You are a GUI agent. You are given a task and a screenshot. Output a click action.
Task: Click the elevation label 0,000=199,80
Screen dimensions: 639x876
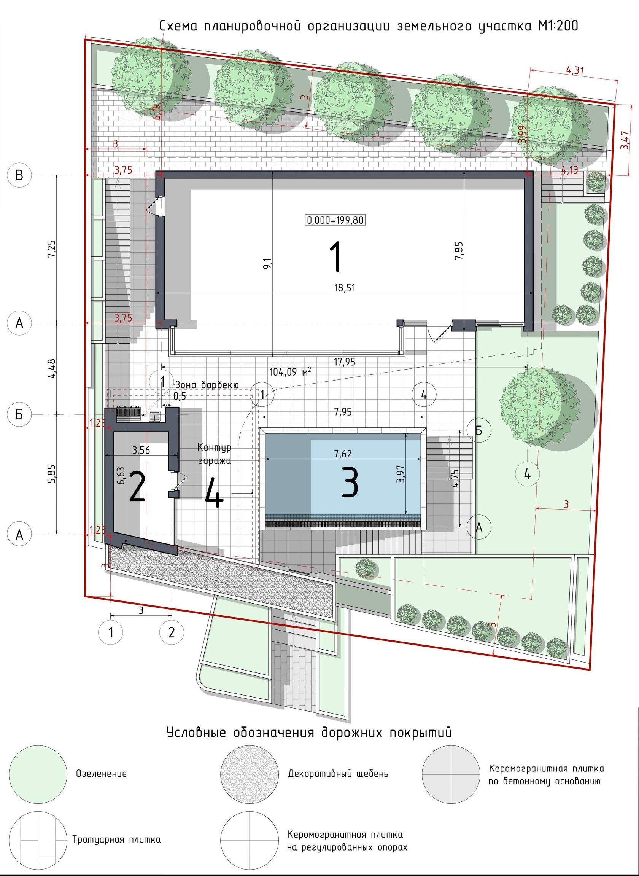(x=335, y=220)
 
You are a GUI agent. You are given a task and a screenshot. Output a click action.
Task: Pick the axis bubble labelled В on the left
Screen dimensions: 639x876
(x=19, y=175)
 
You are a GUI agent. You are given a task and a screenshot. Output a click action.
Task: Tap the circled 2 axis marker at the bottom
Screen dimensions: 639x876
(x=172, y=632)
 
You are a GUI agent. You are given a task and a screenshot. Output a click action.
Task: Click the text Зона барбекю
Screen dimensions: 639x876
(x=207, y=385)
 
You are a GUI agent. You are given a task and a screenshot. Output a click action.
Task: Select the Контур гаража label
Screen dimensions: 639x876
(x=214, y=454)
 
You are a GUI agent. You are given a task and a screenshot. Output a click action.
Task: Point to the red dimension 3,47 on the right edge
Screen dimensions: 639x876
(x=624, y=140)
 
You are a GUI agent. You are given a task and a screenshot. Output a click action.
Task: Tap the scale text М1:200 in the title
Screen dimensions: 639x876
(x=557, y=26)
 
